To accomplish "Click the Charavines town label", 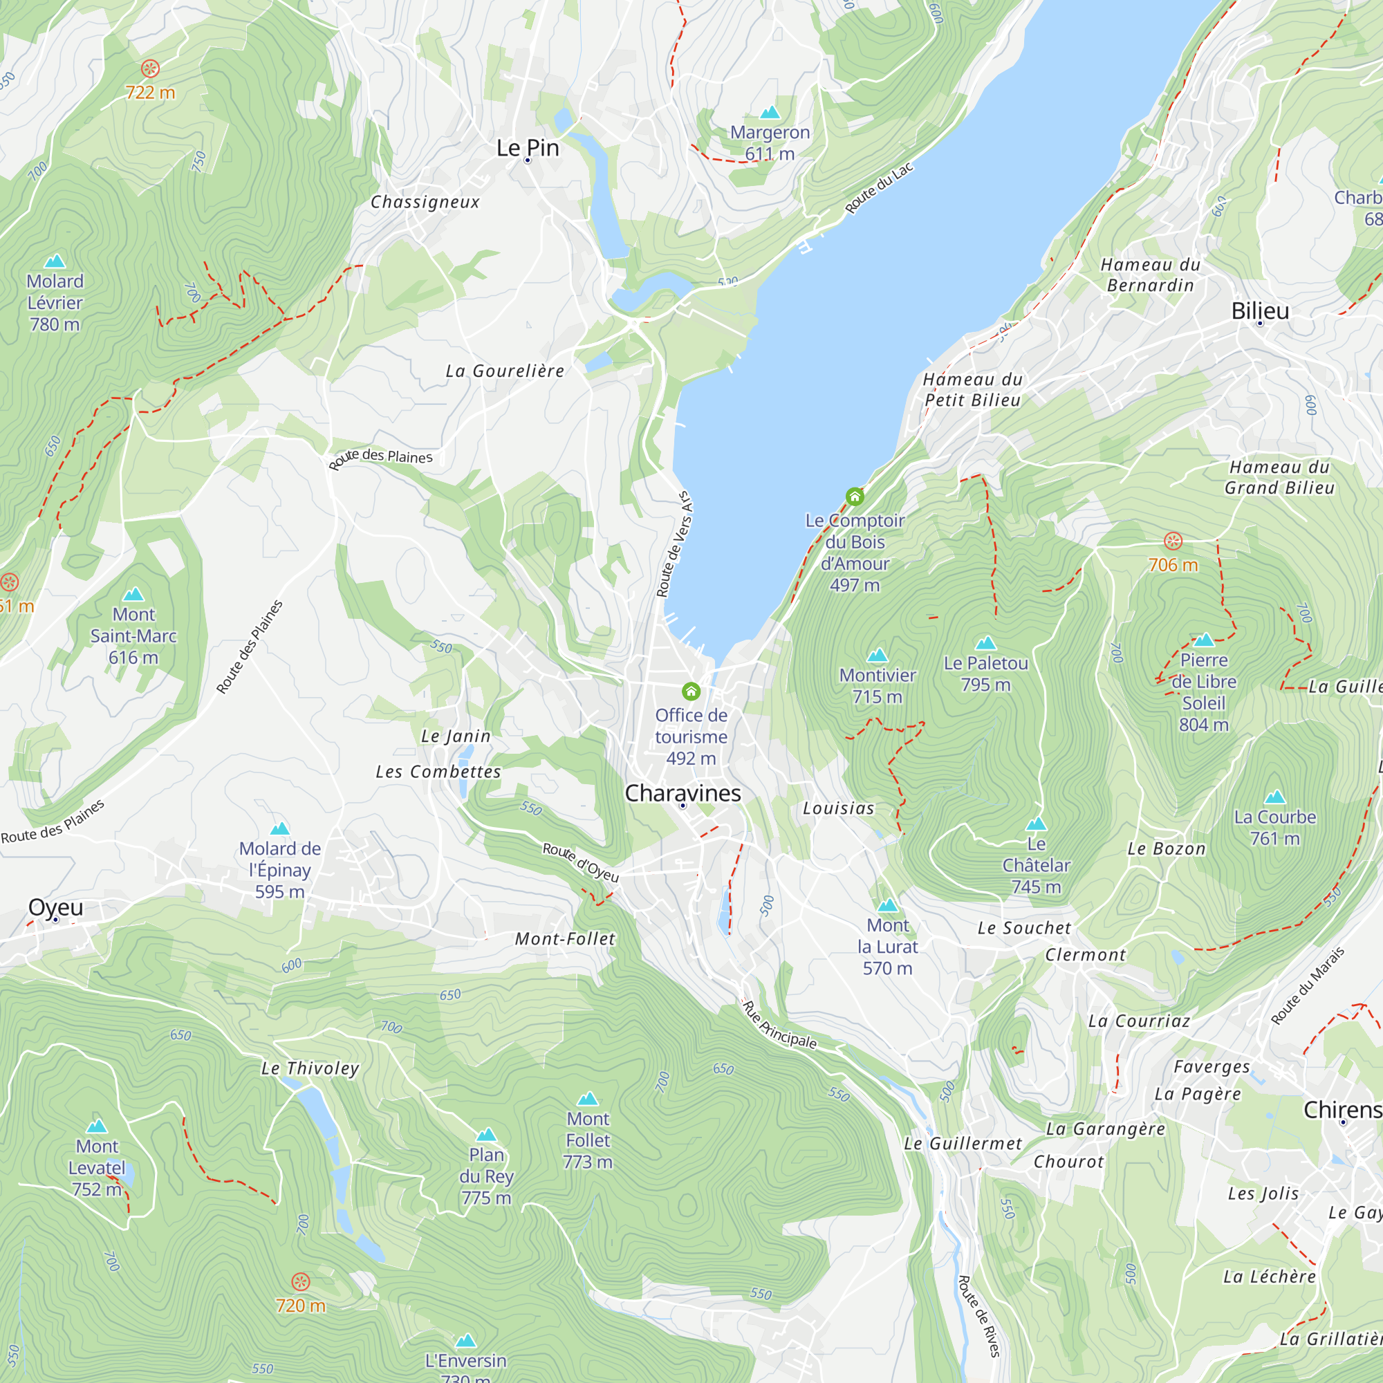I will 683,793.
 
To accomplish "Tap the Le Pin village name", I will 528,148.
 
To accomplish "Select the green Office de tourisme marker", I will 691,691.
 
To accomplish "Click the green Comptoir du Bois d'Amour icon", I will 855,496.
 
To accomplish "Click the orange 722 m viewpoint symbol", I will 149,68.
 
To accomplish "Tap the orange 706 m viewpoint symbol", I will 1173,541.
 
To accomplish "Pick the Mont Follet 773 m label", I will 588,1140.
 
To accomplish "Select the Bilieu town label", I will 1260,310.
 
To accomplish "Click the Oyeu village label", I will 56,907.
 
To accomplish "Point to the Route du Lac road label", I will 878,188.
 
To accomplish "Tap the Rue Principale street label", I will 779,1024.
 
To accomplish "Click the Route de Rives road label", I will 978,1316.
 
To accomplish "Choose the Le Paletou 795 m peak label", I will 985,674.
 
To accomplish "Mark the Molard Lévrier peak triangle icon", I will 55,261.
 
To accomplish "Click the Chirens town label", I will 1342,1110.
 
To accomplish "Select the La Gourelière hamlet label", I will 505,371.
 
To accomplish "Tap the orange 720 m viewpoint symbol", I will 301,1281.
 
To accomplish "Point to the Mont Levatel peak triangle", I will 97,1126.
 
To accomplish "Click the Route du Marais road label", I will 1308,985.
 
